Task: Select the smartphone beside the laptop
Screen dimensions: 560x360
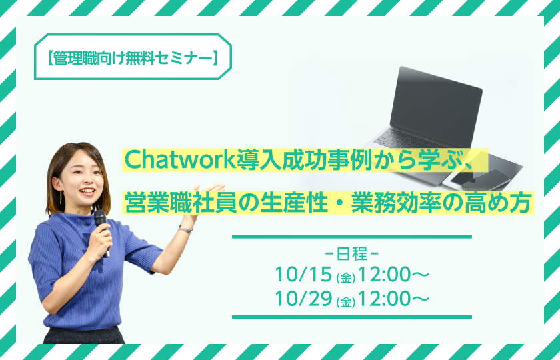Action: (487, 179)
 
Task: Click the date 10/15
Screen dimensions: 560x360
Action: (303, 275)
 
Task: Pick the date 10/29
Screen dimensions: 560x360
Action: (303, 299)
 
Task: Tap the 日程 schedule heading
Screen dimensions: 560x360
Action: (352, 254)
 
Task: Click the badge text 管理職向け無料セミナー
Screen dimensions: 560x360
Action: (133, 57)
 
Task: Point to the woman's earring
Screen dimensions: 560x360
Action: (61, 197)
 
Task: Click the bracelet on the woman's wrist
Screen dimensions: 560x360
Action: (186, 229)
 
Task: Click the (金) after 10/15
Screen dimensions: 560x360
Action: (345, 278)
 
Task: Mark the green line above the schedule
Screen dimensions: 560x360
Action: (352, 237)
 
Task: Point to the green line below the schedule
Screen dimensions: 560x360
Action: (352, 317)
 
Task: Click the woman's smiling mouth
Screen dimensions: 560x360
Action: (87, 191)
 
